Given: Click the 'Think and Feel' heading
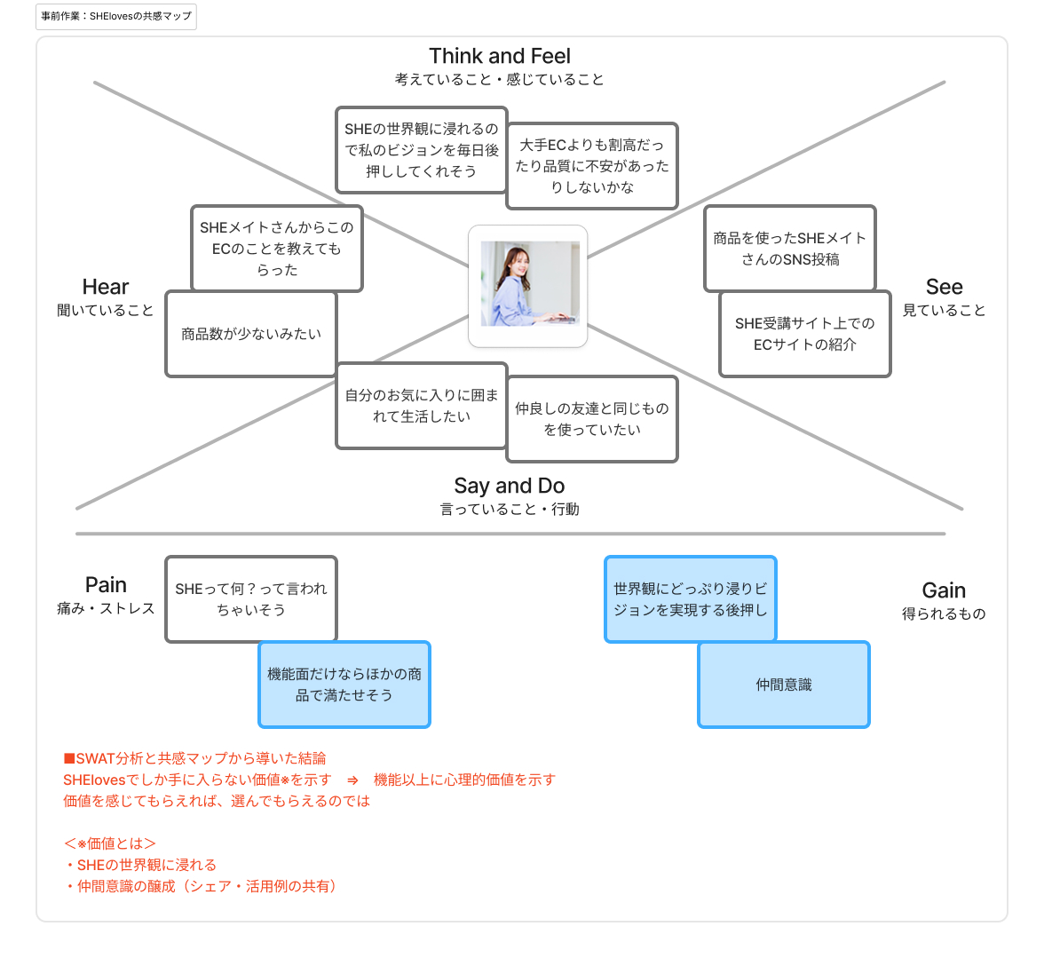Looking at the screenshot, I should point(500,56).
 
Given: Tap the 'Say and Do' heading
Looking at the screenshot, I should point(509,486).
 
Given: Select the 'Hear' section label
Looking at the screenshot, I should point(106,287).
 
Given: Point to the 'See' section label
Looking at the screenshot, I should point(944,287).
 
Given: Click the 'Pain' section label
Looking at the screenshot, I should point(106,585).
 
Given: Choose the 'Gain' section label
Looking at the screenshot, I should point(944,590).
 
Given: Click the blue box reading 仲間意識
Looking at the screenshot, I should point(784,685).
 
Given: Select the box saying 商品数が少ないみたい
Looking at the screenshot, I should point(251,334).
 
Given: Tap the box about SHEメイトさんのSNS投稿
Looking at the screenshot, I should point(789,249).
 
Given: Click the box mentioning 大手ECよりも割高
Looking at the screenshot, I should point(592,166).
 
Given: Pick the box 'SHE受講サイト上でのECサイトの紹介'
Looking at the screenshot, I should point(804,334).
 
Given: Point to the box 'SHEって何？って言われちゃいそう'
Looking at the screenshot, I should point(251,599).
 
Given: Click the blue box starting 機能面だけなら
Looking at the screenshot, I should point(344,685).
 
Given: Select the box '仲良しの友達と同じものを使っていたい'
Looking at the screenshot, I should point(592,419).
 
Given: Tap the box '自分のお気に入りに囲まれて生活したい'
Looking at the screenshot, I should point(422,406).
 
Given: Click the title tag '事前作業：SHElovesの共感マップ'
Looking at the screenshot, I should point(116,16).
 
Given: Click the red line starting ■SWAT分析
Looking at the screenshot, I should point(194,758).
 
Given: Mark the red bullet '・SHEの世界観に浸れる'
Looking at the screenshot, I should point(140,865).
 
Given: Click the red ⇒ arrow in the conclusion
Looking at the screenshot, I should point(352,780).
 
